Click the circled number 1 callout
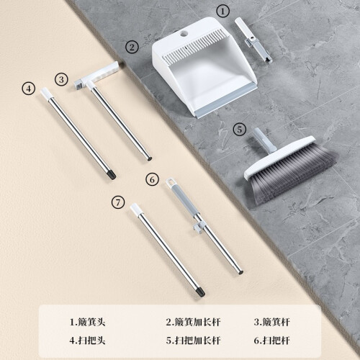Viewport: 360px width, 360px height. tap(222, 11)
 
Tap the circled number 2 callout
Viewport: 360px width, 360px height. tap(132, 47)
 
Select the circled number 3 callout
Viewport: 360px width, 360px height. tap(61, 79)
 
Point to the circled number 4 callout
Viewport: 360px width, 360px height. tap(29, 89)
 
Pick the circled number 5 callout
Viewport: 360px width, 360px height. tap(240, 130)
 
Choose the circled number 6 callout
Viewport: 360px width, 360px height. tap(153, 179)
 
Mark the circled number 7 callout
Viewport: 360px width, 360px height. tap(118, 202)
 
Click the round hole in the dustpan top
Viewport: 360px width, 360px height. tap(184, 34)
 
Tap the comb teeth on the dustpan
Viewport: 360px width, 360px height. tap(193, 48)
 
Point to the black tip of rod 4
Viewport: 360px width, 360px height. tap(112, 174)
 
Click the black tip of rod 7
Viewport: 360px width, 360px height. tap(200, 292)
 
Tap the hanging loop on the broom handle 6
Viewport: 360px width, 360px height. tap(170, 181)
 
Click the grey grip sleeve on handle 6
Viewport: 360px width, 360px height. tap(184, 199)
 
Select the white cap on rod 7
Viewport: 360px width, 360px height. tap(135, 209)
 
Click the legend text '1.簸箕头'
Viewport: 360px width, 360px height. tap(88, 322)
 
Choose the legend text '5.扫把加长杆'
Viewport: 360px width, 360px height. tap(193, 341)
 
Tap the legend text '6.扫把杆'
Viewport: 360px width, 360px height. tap(272, 341)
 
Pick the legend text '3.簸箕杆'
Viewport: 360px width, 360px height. tap(272, 322)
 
